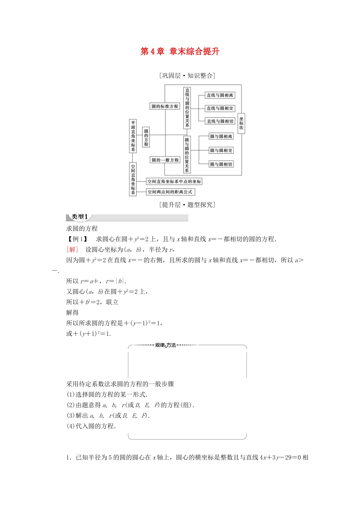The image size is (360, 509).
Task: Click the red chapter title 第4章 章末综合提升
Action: tap(180, 52)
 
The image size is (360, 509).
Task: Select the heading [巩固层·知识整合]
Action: tap(187, 76)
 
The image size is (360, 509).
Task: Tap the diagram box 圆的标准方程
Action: tap(165, 106)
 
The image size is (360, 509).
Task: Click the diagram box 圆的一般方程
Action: tap(165, 160)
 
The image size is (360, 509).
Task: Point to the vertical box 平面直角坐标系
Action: tap(133, 136)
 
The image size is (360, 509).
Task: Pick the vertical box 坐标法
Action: tap(241, 123)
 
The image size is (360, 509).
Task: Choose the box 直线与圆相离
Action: tap(220, 95)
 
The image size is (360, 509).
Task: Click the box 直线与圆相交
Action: tap(220, 108)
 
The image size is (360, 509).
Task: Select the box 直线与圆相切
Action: tap(220, 121)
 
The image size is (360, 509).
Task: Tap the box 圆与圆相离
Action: tap(221, 136)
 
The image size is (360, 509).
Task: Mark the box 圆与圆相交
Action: tap(221, 150)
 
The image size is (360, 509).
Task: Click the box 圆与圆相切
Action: tap(221, 164)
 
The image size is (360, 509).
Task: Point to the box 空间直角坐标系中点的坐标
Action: tap(174, 182)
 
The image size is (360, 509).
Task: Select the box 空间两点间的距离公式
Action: tap(170, 192)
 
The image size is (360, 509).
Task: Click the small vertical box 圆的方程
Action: tap(146, 137)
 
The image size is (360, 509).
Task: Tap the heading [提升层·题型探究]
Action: tap(187, 205)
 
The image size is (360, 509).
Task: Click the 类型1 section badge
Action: tap(80, 217)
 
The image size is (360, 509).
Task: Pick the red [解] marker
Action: tap(72, 249)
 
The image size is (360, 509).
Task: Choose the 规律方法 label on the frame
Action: tap(166, 345)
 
